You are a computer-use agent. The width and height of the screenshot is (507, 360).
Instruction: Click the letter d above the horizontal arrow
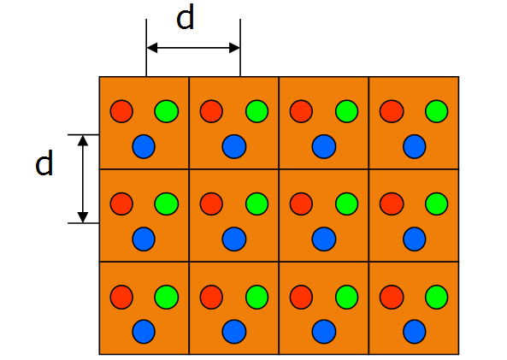186,18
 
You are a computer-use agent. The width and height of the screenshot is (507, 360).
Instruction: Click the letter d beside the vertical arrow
44,163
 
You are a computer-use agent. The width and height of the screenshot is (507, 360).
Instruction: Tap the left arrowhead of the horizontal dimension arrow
152,48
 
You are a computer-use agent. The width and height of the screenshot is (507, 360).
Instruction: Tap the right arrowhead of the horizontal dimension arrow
234,48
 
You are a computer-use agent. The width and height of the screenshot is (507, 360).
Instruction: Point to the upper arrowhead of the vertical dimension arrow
83,141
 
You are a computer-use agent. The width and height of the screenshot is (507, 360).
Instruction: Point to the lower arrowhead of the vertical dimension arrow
83,217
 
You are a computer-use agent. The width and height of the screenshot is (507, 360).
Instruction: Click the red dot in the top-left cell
121,111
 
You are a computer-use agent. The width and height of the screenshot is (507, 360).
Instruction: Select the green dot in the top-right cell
437,111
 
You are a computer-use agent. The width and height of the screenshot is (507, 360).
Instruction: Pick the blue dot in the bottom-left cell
144,332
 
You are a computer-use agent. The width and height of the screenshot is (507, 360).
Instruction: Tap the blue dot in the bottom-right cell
415,332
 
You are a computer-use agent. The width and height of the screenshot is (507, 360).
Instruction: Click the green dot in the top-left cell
167,111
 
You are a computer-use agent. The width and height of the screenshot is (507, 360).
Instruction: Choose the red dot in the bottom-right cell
392,297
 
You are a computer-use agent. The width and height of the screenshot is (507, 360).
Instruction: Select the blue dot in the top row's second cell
234,146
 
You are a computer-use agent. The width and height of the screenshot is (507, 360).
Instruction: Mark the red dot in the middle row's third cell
301,204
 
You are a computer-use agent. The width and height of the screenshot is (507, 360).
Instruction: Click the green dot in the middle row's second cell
257,204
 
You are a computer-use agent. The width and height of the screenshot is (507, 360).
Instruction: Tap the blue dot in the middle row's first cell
144,239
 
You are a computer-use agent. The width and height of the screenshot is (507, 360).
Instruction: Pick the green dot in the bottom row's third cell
347,297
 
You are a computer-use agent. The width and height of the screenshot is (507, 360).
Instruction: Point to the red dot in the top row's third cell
301,111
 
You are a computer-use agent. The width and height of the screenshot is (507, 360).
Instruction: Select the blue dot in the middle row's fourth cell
415,239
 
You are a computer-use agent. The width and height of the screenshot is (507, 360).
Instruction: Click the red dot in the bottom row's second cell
211,297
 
